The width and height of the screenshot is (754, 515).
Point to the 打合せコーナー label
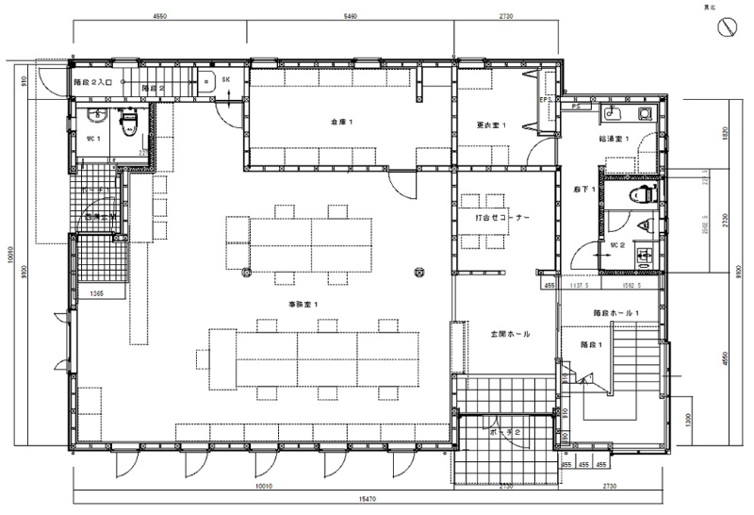[x=502, y=217]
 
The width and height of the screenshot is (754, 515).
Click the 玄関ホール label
[x=509, y=334]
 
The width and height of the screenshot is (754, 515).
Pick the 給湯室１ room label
[x=614, y=139]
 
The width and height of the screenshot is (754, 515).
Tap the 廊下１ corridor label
[x=582, y=190]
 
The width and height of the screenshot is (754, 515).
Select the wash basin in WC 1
[x=93, y=114]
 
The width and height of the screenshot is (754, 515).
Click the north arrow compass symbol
[x=727, y=28]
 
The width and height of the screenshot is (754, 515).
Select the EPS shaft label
[x=545, y=99]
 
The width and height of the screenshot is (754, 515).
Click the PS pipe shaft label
[x=575, y=108]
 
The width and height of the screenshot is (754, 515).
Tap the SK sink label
[x=227, y=80]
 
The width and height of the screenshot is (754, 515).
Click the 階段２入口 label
[x=93, y=83]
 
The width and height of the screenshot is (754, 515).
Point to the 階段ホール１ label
[x=616, y=312]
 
